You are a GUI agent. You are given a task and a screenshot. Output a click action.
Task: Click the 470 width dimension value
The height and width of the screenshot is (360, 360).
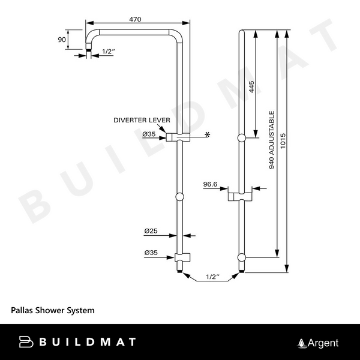coord(135,20)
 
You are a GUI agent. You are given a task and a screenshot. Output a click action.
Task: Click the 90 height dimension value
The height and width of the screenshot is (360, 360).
coord(61,40)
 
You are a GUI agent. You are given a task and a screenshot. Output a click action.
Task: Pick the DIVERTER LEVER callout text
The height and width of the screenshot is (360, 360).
coord(139,121)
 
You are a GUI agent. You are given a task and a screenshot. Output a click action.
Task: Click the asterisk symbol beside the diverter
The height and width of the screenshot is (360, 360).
coord(208,135)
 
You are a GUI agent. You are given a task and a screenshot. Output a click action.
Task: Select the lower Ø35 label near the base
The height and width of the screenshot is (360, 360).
coord(150,253)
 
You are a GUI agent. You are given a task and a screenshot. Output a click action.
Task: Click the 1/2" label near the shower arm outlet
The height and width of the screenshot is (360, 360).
coord(108,52)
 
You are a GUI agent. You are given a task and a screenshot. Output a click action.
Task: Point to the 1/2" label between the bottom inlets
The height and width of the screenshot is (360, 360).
coord(212,277)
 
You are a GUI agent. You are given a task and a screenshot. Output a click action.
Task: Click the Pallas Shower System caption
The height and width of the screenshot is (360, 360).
coord(53,311)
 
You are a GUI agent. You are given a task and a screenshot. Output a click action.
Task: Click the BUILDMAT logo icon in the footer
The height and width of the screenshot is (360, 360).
coord(26,342)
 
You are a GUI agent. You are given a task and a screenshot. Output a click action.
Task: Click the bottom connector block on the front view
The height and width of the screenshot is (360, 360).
coord(181,259)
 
